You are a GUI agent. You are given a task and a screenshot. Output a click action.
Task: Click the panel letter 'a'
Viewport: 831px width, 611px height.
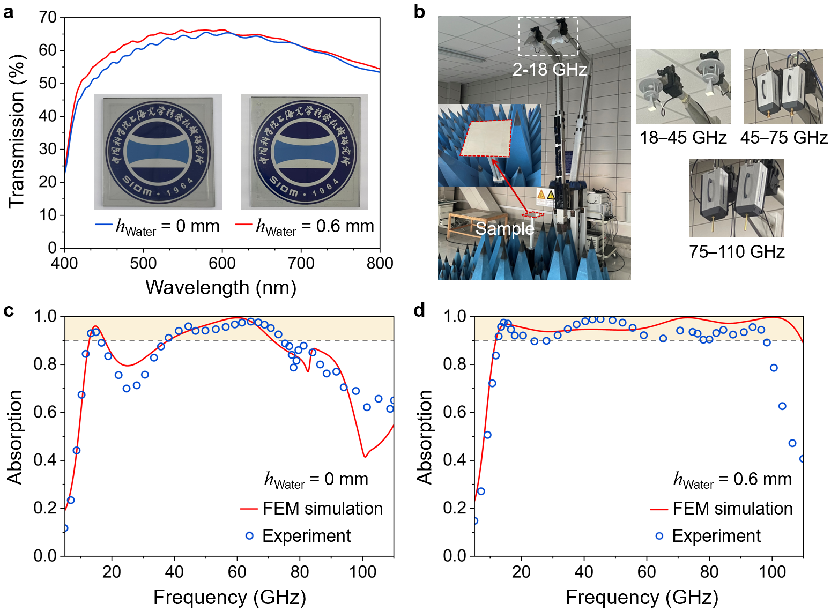[9, 12]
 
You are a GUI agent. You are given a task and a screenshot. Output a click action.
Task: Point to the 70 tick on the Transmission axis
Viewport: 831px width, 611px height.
[48, 18]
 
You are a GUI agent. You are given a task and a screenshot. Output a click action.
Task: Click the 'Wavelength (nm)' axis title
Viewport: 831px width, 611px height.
[221, 288]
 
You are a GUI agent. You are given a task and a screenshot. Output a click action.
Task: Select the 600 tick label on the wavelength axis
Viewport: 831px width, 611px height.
[222, 264]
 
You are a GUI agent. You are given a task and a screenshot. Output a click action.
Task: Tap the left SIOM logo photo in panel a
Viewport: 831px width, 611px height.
[158, 152]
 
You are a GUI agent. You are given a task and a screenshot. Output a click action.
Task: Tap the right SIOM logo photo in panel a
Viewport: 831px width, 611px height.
[305, 152]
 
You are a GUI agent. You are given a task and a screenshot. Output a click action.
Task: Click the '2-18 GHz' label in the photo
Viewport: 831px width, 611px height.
[550, 70]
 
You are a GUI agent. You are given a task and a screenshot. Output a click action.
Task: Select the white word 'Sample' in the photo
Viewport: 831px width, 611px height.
[504, 229]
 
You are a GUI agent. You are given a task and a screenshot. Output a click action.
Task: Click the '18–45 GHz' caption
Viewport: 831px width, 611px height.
[683, 138]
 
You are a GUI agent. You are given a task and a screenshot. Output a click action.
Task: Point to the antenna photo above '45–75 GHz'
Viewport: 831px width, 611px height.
[783, 86]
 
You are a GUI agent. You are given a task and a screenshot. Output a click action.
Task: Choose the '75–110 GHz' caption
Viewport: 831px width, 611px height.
[737, 252]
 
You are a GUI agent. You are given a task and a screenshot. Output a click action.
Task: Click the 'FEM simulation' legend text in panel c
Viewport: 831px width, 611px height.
[323, 509]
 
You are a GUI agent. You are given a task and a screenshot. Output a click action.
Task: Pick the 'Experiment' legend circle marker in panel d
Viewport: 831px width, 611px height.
[659, 536]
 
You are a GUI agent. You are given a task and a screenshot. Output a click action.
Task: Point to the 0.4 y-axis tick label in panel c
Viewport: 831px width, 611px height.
[45, 460]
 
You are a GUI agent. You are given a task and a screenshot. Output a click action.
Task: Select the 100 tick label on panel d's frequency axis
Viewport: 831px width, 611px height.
[772, 572]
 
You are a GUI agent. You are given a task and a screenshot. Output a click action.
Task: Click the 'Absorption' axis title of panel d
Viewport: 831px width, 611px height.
[425, 437]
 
